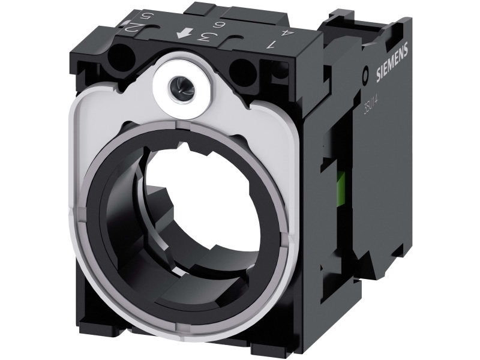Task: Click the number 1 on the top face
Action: pyautogui.click(x=274, y=44)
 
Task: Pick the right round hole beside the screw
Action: pyautogui.click(x=242, y=65)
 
